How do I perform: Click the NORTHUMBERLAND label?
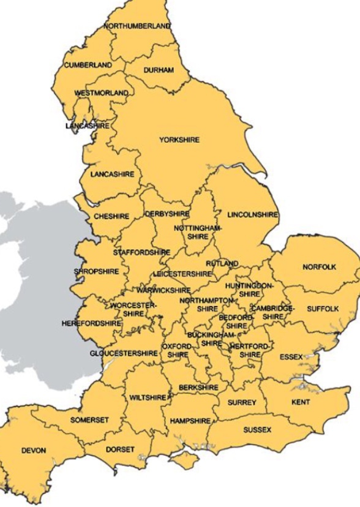tap(137, 26)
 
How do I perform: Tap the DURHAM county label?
tap(159, 70)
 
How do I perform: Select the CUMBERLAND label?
tap(88, 65)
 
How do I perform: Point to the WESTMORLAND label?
tap(102, 93)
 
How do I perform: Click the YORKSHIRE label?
tap(179, 140)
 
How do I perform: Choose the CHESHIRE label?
tap(111, 217)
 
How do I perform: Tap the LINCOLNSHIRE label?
tap(252, 216)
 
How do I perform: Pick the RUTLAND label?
tap(222, 264)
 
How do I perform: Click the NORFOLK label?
tap(320, 268)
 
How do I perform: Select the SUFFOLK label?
tap(323, 309)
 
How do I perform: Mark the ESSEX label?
tap(291, 356)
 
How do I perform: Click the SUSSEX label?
tap(257, 430)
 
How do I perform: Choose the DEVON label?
tap(34, 451)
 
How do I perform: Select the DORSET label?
tap(120, 449)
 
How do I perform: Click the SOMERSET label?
tap(89, 420)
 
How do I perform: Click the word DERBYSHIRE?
tap(167, 214)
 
